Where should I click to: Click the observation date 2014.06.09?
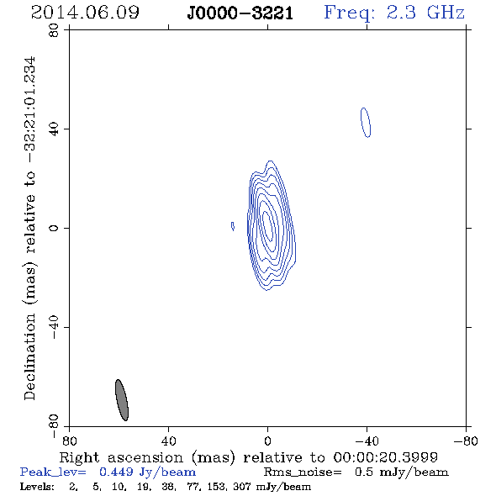[85, 13]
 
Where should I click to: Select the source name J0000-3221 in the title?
[240, 13]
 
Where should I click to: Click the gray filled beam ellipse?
[122, 400]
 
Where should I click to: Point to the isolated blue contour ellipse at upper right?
[366, 123]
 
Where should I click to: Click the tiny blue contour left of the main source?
[233, 226]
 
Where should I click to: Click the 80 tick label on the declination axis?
[54, 30]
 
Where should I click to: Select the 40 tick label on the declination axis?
[54, 129]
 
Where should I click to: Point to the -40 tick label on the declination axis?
[54, 327]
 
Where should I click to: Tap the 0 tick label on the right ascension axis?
[267, 441]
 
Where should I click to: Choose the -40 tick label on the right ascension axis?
[367, 441]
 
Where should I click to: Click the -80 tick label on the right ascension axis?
[466, 441]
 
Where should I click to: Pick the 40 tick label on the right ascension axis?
[168, 441]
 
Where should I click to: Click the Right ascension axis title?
[249, 457]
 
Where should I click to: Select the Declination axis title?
[30, 229]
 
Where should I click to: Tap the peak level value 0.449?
[116, 472]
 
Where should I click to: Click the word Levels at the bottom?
[37, 486]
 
